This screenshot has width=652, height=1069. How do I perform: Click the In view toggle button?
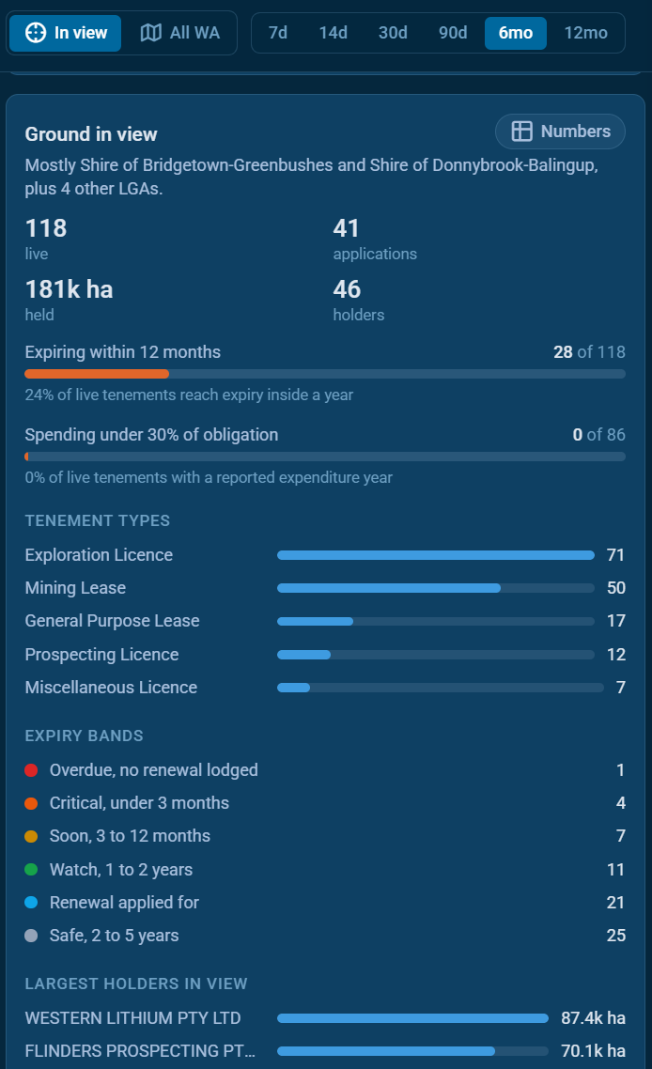pyautogui.click(x=65, y=33)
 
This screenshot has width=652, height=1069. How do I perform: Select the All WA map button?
pyautogui.click(x=180, y=33)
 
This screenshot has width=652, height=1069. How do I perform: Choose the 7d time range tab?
pyautogui.click(x=277, y=33)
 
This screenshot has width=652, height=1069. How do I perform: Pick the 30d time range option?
pyautogui.click(x=393, y=33)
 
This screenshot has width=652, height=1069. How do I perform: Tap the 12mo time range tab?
pyautogui.click(x=586, y=33)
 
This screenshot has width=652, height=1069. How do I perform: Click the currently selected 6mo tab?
pyautogui.click(x=516, y=33)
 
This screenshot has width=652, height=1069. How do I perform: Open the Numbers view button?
pyautogui.click(x=561, y=131)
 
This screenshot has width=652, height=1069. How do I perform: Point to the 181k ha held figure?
pyautogui.click(x=69, y=289)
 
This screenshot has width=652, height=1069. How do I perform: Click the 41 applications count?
pyautogui.click(x=346, y=228)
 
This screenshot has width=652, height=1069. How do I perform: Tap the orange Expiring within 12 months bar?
pyautogui.click(x=97, y=374)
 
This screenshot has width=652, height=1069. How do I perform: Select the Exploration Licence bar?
pyautogui.click(x=436, y=555)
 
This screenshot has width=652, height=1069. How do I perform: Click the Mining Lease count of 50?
pyautogui.click(x=616, y=588)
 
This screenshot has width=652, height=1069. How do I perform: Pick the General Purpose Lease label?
pyautogui.click(x=113, y=620)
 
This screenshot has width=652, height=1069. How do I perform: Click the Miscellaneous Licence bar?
pyautogui.click(x=293, y=688)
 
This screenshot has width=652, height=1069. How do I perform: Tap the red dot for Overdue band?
pyautogui.click(x=31, y=770)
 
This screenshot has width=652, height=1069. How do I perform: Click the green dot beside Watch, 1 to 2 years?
pyautogui.click(x=31, y=869)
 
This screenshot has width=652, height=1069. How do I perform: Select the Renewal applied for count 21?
pyautogui.click(x=616, y=903)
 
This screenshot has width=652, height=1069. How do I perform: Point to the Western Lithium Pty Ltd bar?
pyautogui.click(x=412, y=1018)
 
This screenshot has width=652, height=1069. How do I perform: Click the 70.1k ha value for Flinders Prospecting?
pyautogui.click(x=594, y=1050)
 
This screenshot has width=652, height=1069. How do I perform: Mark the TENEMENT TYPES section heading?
pyautogui.click(x=98, y=520)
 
